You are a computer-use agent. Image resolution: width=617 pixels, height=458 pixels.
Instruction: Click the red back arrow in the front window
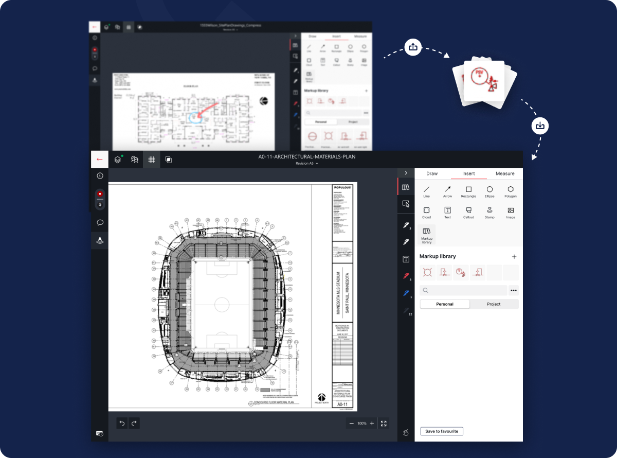[x=100, y=160]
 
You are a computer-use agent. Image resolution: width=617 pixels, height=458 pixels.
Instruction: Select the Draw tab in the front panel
[x=432, y=173]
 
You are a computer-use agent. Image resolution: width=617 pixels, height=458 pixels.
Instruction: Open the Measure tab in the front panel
[x=504, y=173]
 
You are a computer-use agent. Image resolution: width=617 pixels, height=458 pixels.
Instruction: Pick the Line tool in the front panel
[x=426, y=191]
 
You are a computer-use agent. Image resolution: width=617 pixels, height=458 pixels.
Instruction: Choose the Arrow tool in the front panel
[x=447, y=191]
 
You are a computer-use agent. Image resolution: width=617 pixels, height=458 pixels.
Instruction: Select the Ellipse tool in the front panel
[x=489, y=191]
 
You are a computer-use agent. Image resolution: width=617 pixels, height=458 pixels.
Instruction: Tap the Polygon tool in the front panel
[x=510, y=191]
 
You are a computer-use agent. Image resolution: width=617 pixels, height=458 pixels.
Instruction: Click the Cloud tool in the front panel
[x=426, y=212]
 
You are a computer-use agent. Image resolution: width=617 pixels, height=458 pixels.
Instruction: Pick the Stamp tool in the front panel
[x=489, y=212]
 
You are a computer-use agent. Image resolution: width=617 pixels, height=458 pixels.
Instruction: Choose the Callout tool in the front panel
[x=468, y=212]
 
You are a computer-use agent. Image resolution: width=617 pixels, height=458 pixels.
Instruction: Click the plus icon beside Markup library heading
[x=514, y=256]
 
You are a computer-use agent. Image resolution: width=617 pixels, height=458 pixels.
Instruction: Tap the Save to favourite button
[x=441, y=431]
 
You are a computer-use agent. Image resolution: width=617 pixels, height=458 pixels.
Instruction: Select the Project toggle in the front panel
[x=494, y=304]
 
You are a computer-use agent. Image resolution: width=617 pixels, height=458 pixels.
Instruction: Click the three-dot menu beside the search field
[x=513, y=290]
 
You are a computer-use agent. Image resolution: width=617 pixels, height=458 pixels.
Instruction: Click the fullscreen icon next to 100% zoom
[x=384, y=424]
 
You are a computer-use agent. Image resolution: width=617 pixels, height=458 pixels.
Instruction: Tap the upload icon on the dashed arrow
[x=413, y=47]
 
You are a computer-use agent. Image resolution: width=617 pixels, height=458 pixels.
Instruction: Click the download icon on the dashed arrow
[x=540, y=126]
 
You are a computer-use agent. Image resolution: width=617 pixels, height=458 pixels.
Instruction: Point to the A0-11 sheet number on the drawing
[x=342, y=405]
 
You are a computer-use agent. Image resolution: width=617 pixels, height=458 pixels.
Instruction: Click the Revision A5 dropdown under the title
[x=307, y=163]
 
